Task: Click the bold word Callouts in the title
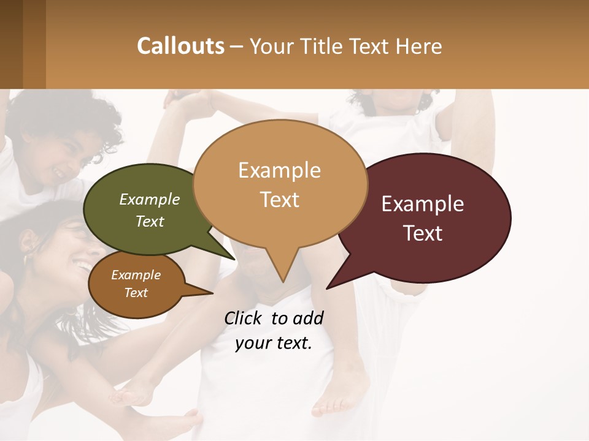tap(180, 46)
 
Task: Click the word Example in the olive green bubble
tap(150, 200)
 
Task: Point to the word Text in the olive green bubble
tap(150, 221)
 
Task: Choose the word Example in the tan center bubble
tap(279, 170)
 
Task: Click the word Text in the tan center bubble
tap(280, 200)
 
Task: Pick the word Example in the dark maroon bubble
tap(423, 204)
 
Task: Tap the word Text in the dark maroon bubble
tap(423, 233)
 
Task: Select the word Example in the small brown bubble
tap(136, 275)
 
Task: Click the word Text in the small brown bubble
tap(136, 293)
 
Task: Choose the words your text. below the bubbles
tap(274, 343)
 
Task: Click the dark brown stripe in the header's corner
tap(12, 44)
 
